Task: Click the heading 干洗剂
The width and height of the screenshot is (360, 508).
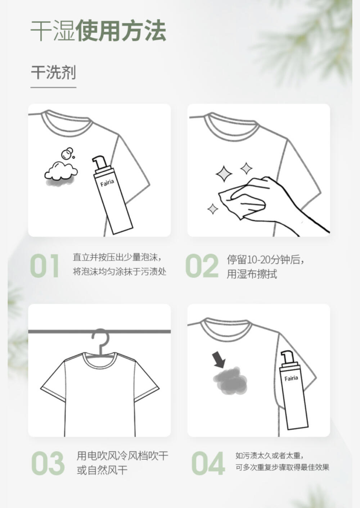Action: pos(53,73)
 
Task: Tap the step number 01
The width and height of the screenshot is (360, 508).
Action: pos(45,266)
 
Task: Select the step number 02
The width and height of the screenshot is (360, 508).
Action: pos(202,266)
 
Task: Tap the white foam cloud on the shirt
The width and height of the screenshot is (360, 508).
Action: pos(61,170)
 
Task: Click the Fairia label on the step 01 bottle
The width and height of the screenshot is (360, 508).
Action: pos(107,182)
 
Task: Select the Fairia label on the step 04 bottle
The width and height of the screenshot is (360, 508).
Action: pos(291,378)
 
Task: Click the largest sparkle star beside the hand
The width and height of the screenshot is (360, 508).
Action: pos(224,174)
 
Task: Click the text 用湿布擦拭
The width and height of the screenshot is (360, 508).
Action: pos(252,274)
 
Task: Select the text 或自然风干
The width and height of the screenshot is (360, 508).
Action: pos(102,471)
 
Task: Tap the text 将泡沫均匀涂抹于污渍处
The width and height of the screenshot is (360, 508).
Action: pos(120,272)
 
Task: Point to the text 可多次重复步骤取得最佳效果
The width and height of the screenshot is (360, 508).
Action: pos(282,467)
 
